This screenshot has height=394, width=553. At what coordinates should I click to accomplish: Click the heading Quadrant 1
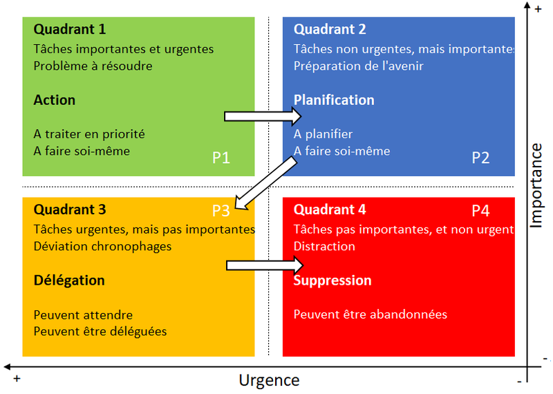tap(69, 30)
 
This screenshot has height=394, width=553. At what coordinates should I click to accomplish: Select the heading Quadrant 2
tap(330, 30)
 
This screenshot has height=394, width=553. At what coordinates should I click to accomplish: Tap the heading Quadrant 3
tap(69, 209)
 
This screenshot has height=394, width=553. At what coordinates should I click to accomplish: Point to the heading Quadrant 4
tap(330, 209)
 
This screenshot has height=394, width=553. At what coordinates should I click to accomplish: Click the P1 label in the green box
tap(221, 158)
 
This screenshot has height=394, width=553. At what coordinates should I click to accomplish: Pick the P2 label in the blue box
tap(480, 158)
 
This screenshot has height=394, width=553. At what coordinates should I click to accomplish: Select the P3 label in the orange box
tap(221, 209)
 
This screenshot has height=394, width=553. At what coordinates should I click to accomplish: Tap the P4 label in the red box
tap(480, 209)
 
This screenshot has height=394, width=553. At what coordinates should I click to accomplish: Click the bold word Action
tap(55, 100)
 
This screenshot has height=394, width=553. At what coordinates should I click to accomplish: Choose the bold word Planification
tap(334, 100)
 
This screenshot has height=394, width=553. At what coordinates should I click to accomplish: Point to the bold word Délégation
tap(69, 281)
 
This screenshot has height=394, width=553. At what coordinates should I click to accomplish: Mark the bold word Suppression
tap(332, 281)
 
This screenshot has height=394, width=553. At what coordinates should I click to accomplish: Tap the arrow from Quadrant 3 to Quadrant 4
tap(265, 265)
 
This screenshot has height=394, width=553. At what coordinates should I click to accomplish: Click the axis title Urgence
tap(269, 380)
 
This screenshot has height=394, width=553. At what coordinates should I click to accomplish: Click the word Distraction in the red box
tap(324, 246)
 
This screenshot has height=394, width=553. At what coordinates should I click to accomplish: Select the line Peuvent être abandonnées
tap(371, 315)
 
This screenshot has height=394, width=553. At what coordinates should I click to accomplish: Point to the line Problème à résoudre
tap(93, 66)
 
